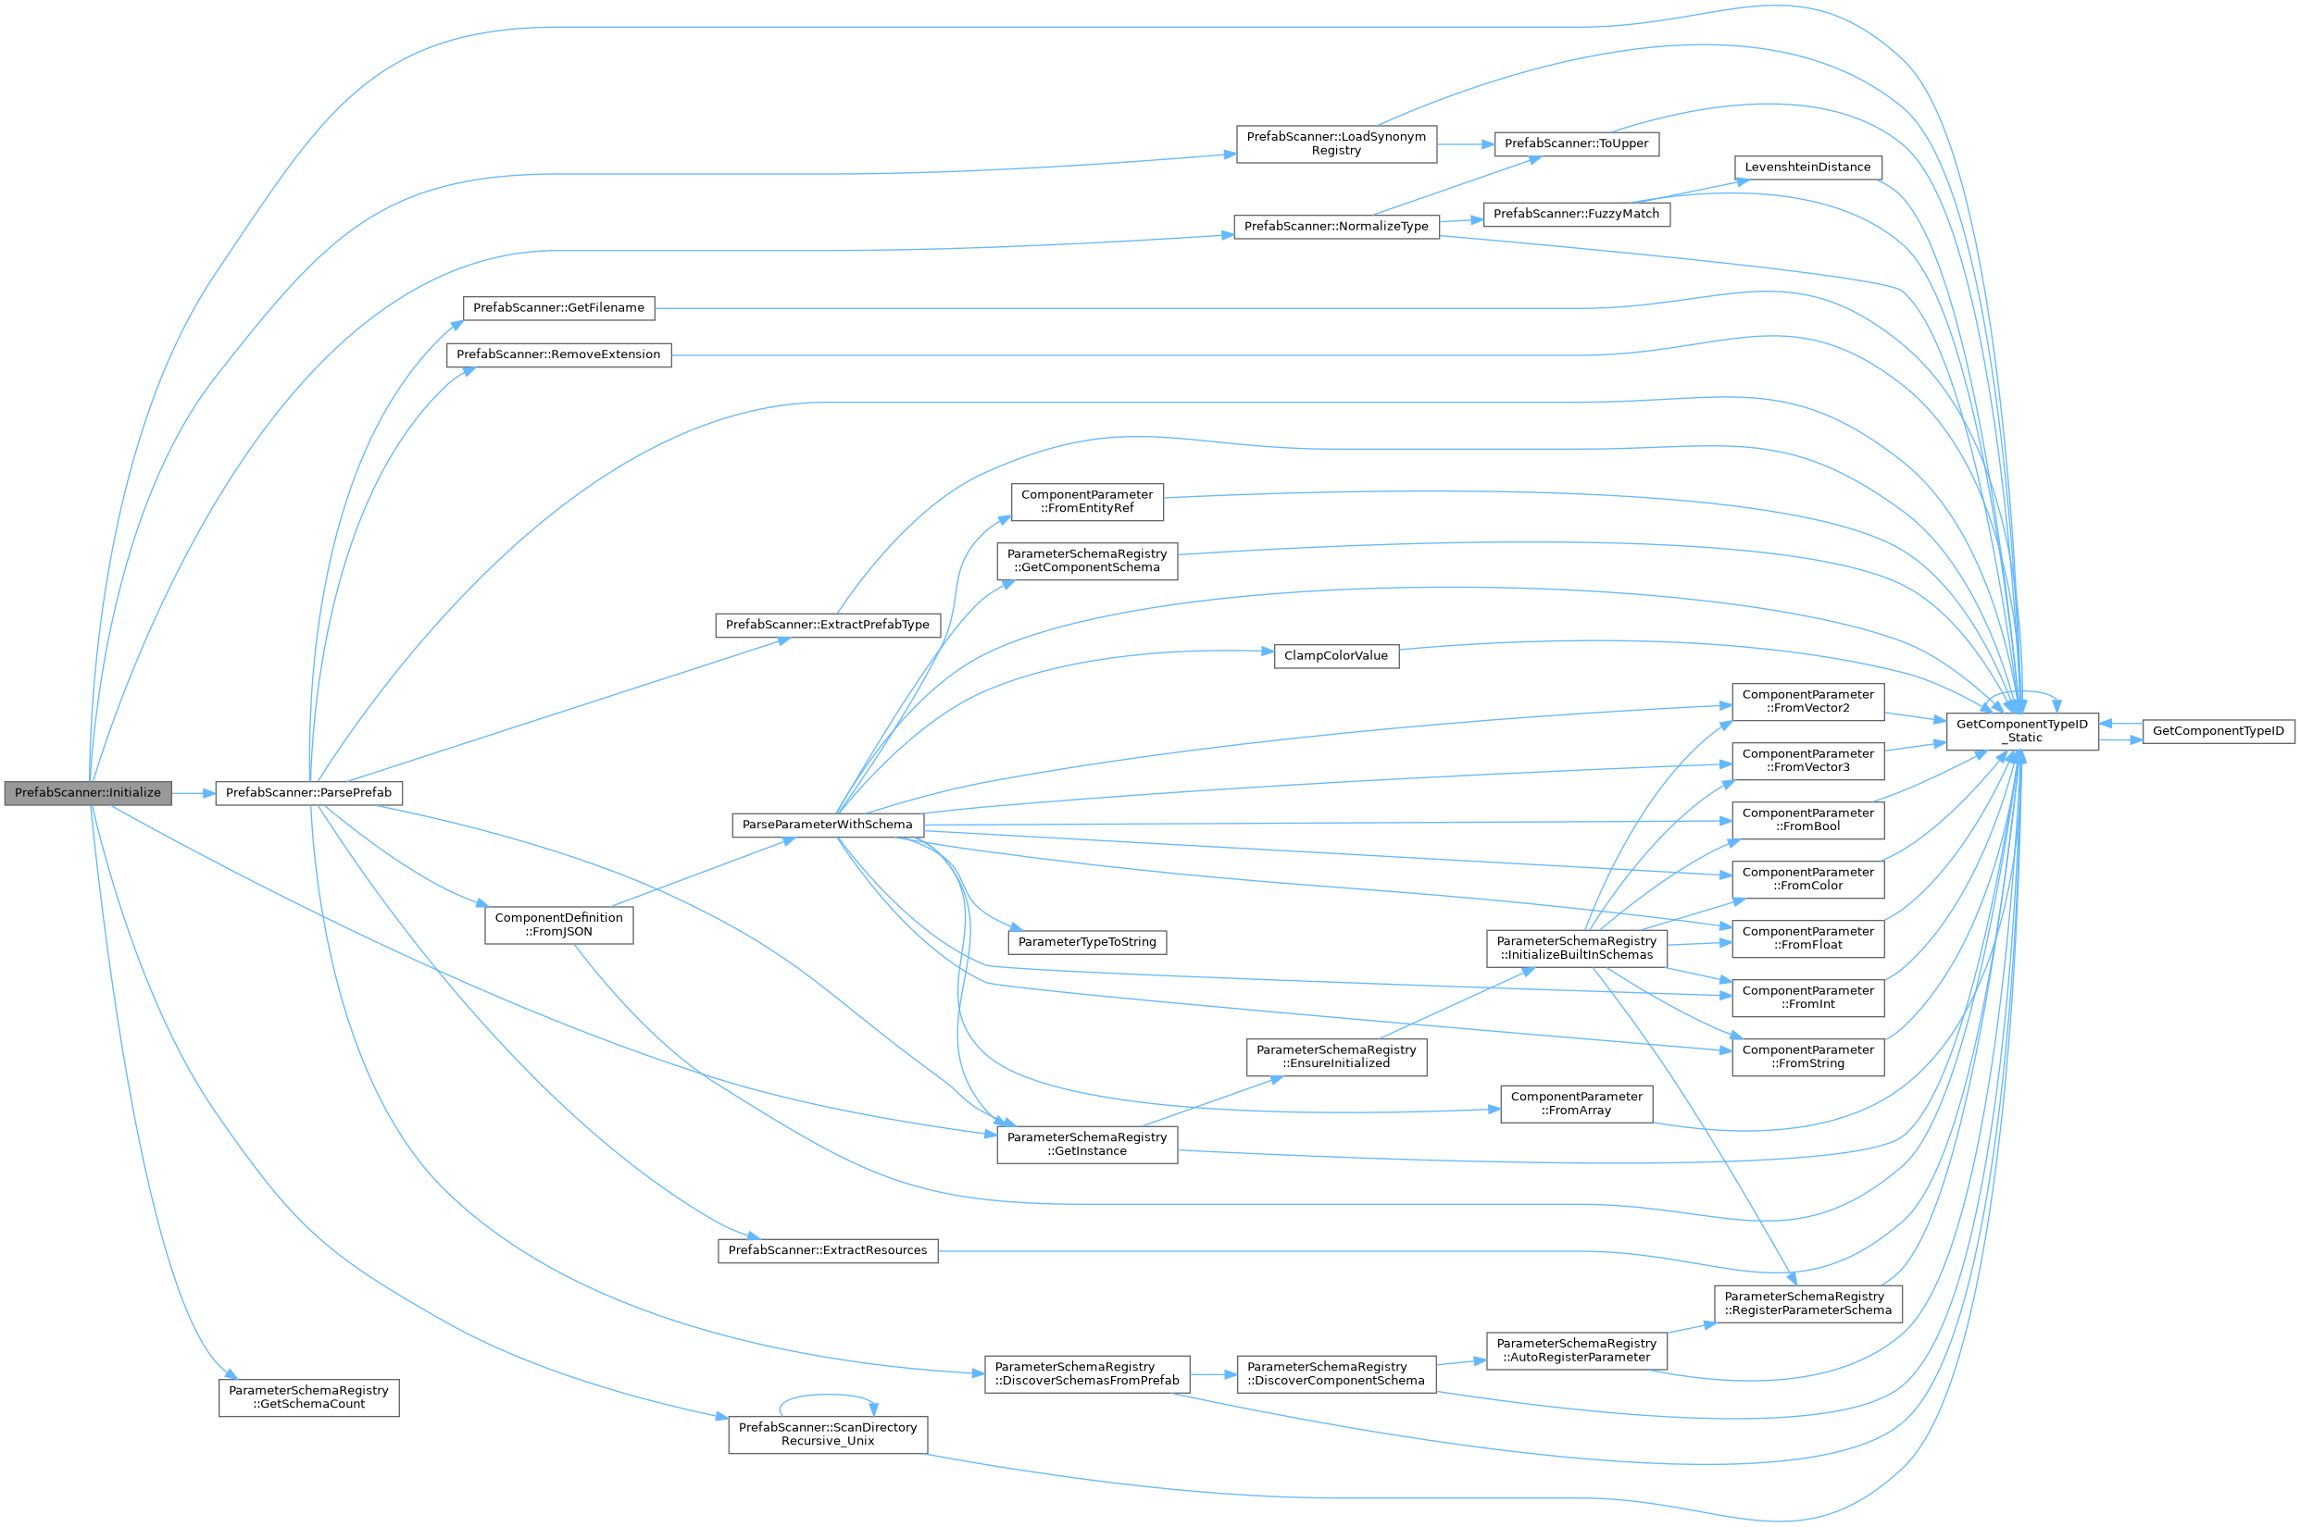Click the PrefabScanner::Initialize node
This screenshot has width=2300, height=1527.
click(88, 793)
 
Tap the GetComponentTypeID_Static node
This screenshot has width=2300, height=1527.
click(2021, 731)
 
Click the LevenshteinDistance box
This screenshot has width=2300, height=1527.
click(1807, 168)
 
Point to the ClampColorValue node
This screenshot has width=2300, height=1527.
click(1335, 656)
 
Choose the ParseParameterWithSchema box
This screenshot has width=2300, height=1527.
click(827, 825)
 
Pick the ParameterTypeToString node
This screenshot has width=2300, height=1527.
click(1086, 943)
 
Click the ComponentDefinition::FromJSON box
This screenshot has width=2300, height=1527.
click(558, 925)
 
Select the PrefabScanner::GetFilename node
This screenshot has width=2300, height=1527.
click(558, 308)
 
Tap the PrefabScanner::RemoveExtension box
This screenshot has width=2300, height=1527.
click(558, 354)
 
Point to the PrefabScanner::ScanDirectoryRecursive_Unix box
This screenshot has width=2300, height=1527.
click(827, 1434)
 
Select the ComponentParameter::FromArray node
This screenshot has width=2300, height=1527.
click(1575, 1103)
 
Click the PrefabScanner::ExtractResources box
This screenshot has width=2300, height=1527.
click(827, 1250)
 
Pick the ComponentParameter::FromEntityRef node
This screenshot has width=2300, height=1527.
click(1086, 502)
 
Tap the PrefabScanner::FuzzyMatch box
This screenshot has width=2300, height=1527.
click(1575, 215)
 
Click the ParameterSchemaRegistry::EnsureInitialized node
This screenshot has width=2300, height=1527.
click(1335, 1057)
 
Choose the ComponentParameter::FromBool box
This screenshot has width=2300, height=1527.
click(1807, 820)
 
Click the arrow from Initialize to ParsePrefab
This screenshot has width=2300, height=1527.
click(193, 794)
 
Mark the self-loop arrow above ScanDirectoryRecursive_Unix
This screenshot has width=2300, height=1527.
click(827, 1397)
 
